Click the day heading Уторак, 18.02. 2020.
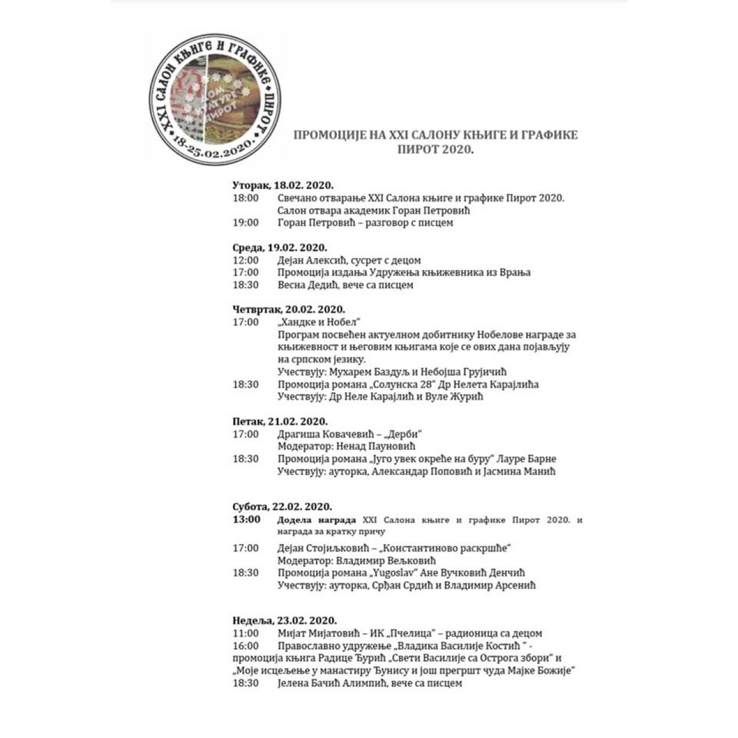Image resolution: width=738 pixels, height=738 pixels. (283, 185)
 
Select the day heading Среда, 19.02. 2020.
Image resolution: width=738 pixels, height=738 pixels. (280, 247)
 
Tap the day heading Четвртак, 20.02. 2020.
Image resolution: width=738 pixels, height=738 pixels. (289, 310)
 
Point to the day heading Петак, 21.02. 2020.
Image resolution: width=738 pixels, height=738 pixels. (280, 421)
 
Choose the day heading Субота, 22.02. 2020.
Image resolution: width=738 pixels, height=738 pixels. (283, 507)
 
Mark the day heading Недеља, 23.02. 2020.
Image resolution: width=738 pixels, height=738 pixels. (284, 620)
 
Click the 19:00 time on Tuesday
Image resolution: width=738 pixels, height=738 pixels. (246, 223)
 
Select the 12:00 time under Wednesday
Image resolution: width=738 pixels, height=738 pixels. (246, 260)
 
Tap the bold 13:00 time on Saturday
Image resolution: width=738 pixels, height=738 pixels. (246, 519)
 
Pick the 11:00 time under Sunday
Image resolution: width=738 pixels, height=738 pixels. (246, 633)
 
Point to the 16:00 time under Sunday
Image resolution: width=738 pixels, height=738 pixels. (246, 646)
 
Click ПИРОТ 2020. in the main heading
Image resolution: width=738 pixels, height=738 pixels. (435, 149)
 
